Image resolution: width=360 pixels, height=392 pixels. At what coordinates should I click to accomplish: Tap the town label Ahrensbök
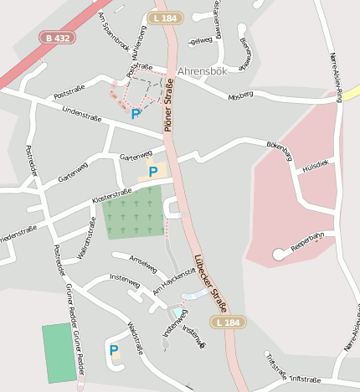203,72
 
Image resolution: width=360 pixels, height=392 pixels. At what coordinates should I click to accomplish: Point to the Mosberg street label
239,95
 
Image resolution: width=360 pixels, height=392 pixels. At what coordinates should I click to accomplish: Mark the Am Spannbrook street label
114,30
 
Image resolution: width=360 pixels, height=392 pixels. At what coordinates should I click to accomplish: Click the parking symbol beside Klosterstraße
152,172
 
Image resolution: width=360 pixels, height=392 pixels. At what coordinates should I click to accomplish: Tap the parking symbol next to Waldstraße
114,349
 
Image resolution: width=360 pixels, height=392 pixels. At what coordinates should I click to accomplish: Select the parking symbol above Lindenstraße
136,114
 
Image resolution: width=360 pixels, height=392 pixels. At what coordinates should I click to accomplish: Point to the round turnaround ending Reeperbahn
279,255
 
